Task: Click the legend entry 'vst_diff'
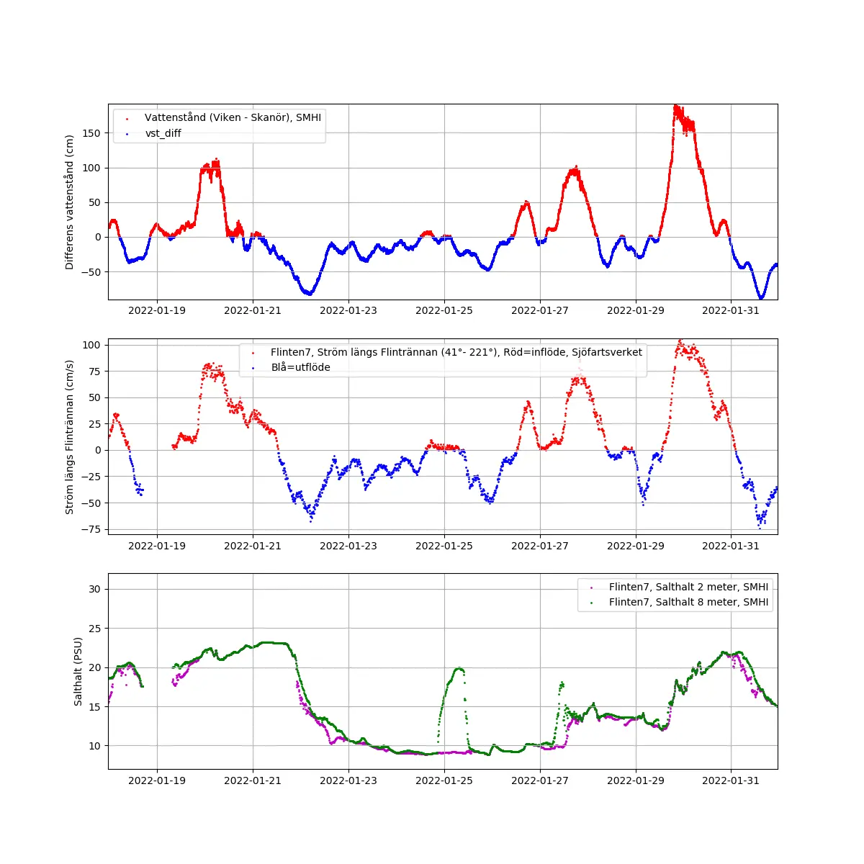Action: [163, 133]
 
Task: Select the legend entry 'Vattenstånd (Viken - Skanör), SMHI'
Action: [233, 117]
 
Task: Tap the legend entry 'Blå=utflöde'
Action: [300, 367]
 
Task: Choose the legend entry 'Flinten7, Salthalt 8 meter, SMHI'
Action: [688, 602]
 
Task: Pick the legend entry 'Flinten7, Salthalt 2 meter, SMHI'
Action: [688, 587]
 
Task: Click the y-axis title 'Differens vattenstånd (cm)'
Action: [70, 202]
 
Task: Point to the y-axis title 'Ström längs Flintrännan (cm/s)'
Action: [70, 437]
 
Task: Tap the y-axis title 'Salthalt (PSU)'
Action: [78, 671]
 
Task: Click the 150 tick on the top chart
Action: [91, 133]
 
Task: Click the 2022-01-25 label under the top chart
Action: [444, 310]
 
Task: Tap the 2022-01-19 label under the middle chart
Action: [157, 546]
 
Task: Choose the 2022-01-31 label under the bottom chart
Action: [731, 780]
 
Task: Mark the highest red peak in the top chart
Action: [676, 107]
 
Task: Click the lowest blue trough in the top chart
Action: [760, 297]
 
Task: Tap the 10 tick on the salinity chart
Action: [95, 746]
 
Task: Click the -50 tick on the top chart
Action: [91, 272]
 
